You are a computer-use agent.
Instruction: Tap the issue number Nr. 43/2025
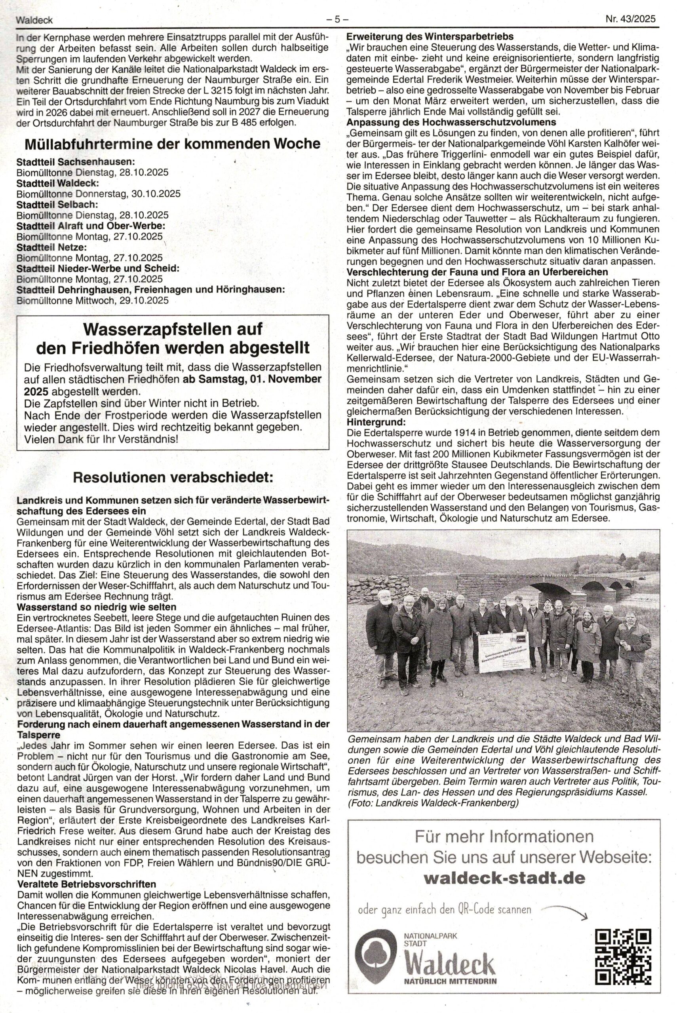[630, 19]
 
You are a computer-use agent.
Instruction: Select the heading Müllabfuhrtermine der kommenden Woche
[172, 144]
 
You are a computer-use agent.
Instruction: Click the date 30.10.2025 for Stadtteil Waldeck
[156, 194]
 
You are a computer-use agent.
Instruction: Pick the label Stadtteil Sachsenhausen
[76, 162]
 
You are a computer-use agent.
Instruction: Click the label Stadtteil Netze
[51, 247]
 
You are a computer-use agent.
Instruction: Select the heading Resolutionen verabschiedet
[173, 477]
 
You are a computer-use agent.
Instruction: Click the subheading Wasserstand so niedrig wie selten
[96, 607]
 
